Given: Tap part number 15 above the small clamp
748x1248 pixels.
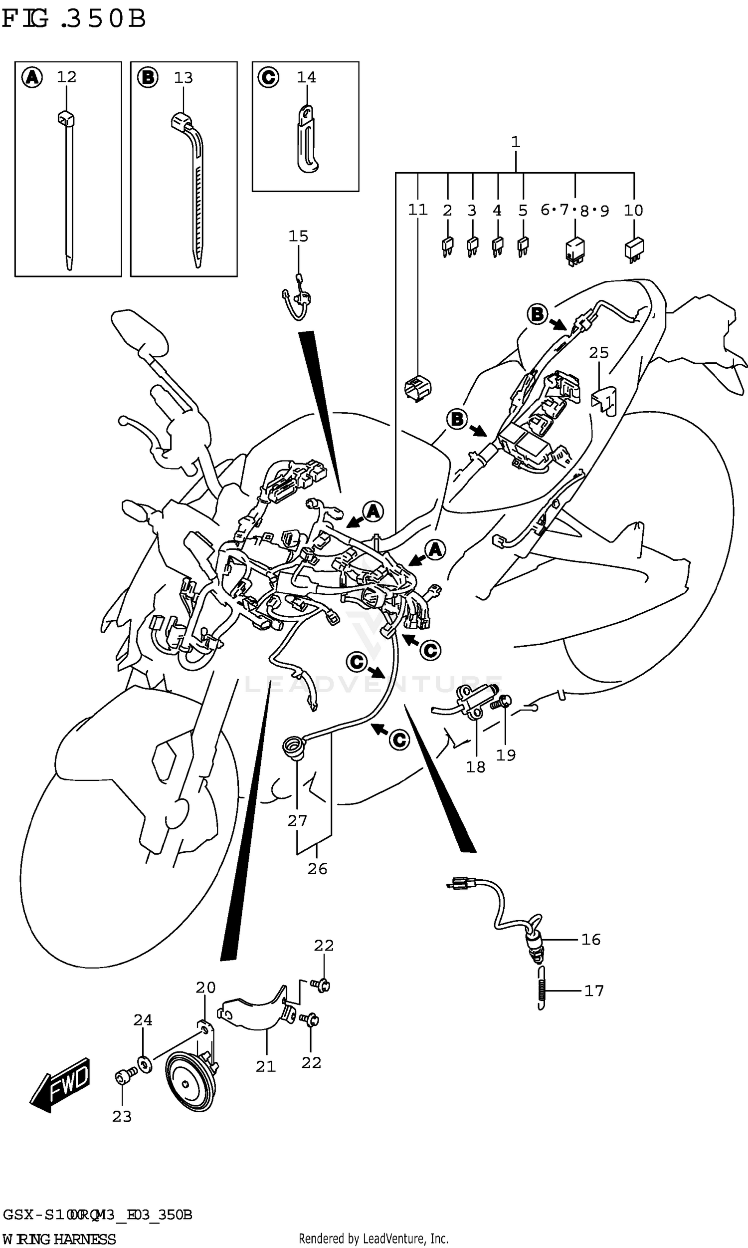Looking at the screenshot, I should [298, 236].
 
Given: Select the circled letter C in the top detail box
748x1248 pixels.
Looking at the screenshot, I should [268, 78].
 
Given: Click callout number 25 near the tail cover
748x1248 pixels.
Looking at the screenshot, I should [599, 352].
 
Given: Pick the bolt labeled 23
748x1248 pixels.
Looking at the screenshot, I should [123, 1077].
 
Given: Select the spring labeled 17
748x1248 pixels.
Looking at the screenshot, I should [541, 991].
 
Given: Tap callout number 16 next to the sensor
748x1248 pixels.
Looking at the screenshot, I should [591, 940].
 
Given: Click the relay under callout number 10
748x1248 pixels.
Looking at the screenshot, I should [634, 249].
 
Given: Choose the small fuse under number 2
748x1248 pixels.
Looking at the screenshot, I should [447, 247].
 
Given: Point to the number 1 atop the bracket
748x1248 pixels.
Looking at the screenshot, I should [515, 142].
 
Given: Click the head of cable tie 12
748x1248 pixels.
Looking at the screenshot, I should [65, 119].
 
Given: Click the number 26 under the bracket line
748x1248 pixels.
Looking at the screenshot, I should [318, 869].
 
